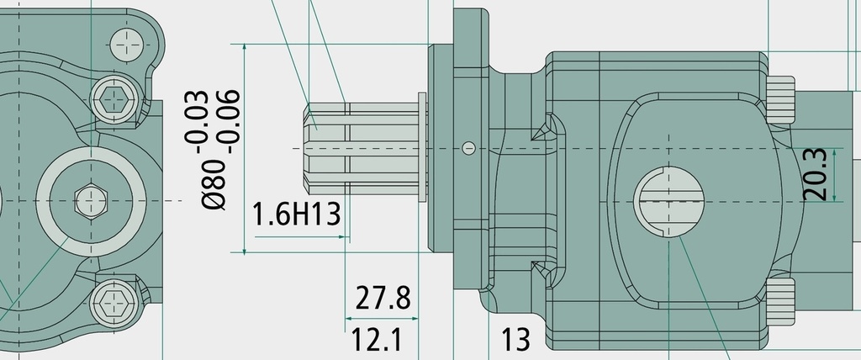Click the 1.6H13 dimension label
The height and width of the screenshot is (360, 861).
[297, 214]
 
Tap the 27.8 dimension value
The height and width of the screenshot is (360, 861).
[383, 298]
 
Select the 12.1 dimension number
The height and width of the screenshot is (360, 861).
[376, 340]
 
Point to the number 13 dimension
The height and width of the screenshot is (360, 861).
[516, 339]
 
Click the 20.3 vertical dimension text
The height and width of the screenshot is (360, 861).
[815, 174]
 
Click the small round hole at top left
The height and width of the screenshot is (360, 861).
[127, 44]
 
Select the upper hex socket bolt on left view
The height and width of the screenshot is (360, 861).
[114, 100]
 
